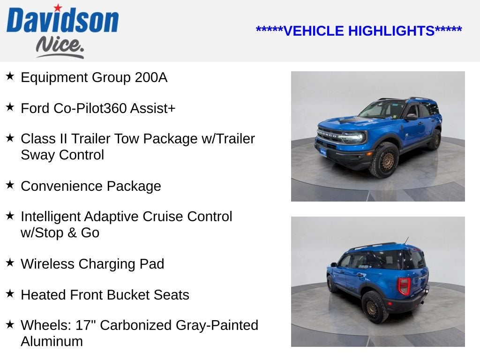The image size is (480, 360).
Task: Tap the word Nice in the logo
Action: point(60,46)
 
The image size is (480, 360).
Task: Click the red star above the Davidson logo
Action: point(58,8)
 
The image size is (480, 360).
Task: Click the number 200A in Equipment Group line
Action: point(151,77)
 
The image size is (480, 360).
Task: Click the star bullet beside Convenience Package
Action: point(10,185)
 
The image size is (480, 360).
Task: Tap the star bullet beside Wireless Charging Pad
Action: point(10,262)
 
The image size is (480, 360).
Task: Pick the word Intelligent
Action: point(51,217)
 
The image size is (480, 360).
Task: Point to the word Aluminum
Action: point(52,341)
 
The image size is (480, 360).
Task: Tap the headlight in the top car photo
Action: point(354,137)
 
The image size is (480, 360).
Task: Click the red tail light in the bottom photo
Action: point(404,285)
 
